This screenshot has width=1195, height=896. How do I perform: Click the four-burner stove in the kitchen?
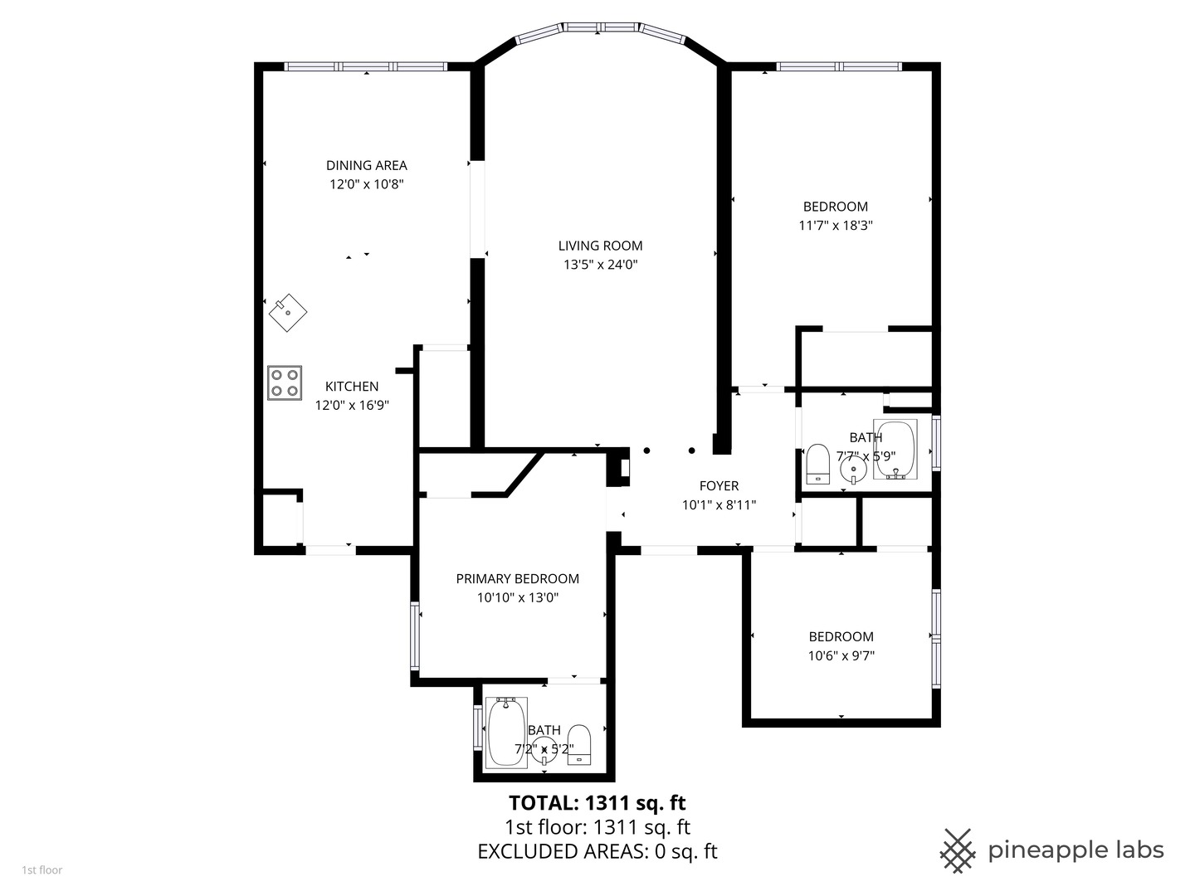[x=284, y=383]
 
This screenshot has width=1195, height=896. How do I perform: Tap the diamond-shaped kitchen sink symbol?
[x=288, y=312]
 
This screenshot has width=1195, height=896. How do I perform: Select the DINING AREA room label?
[x=367, y=165]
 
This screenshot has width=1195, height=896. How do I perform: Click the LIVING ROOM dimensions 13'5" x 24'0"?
[x=601, y=265]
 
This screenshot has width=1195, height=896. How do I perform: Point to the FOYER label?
[x=719, y=486]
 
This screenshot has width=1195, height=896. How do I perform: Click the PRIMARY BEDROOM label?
[x=517, y=579]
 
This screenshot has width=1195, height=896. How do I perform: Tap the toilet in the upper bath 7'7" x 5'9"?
[x=817, y=464]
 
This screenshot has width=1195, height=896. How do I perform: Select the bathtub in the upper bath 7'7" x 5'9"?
[x=895, y=450]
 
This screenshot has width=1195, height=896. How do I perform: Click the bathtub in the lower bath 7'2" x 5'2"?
[x=506, y=733]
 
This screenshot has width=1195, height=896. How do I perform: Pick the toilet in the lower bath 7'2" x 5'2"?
[x=579, y=745]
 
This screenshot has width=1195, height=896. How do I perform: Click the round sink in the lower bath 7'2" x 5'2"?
[x=544, y=750]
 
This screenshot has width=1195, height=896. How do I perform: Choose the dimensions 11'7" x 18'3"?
[x=836, y=226]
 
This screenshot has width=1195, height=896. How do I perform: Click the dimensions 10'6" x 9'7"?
[x=841, y=656]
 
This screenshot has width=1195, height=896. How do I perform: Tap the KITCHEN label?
[x=352, y=387]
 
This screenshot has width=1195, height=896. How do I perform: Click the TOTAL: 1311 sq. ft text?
[x=597, y=803]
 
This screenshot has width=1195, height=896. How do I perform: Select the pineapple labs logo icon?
[x=958, y=851]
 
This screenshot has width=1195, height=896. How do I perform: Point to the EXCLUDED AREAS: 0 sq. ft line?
[x=597, y=851]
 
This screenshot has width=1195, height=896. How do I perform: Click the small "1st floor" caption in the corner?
[x=42, y=870]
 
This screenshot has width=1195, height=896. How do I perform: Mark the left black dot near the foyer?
[x=646, y=450]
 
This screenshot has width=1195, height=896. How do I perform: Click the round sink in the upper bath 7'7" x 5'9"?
[x=853, y=470]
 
